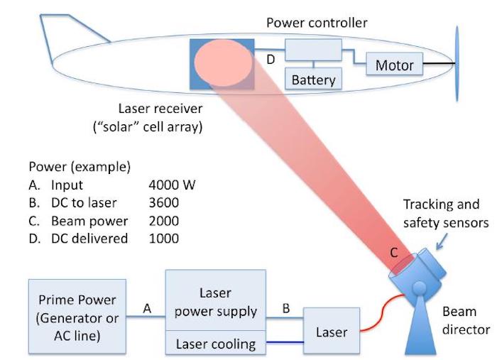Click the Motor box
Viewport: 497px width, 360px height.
click(394, 64)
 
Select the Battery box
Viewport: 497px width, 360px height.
click(313, 78)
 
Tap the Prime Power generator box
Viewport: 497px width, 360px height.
click(77, 316)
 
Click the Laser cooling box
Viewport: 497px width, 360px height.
click(216, 342)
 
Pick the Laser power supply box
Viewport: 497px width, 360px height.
click(216, 300)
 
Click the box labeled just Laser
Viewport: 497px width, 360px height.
click(332, 330)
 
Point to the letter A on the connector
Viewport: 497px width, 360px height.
click(147, 308)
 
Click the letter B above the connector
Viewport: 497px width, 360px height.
click(286, 308)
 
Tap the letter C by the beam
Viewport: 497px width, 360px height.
click(393, 253)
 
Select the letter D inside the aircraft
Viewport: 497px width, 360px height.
click(271, 59)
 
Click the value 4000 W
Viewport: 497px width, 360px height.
click(172, 185)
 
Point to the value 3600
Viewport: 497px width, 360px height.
click(163, 203)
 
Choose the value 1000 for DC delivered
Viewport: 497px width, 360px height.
click(163, 239)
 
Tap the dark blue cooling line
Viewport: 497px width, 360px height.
click(285, 342)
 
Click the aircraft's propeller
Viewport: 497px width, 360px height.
click(457, 63)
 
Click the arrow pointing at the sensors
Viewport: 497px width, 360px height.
click(442, 241)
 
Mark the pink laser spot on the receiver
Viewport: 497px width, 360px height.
click(223, 62)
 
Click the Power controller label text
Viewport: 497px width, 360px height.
click(317, 23)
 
